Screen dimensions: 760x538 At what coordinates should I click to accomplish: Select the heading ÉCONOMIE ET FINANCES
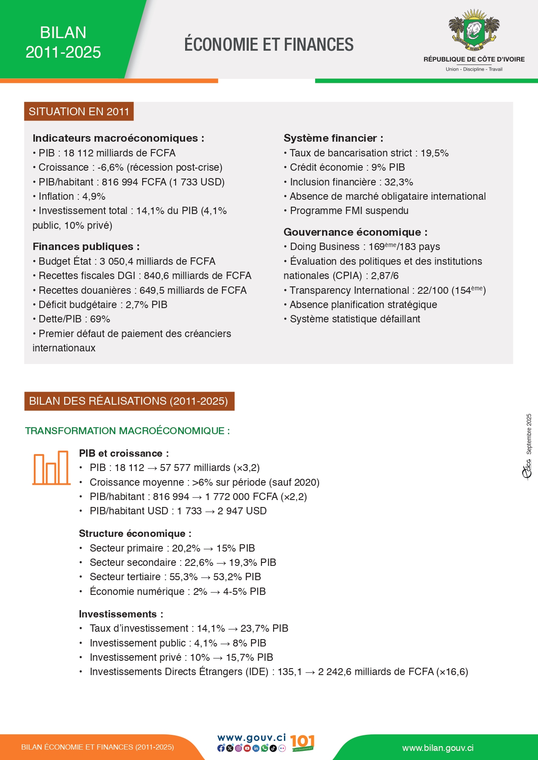269,45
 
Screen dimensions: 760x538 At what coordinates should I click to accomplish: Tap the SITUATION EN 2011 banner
79,112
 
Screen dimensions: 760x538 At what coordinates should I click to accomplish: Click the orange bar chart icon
51,468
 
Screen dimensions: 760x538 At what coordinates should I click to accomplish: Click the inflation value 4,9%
94,197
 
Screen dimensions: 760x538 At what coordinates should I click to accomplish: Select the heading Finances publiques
86,247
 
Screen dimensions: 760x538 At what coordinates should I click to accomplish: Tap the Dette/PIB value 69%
100,319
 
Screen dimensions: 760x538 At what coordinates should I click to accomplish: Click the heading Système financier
333,138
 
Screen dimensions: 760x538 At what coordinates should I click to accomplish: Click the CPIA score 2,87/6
385,276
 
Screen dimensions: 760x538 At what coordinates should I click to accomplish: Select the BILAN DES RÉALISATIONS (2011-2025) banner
129,401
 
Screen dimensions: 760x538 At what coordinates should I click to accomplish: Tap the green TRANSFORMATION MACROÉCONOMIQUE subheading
127,431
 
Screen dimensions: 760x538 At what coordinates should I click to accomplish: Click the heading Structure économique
135,534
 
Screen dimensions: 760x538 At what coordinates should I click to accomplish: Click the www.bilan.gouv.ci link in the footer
438,748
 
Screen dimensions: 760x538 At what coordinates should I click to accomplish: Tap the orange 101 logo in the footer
302,743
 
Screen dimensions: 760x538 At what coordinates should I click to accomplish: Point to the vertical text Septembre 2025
529,434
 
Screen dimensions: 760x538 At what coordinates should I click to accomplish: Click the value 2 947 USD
242,511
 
